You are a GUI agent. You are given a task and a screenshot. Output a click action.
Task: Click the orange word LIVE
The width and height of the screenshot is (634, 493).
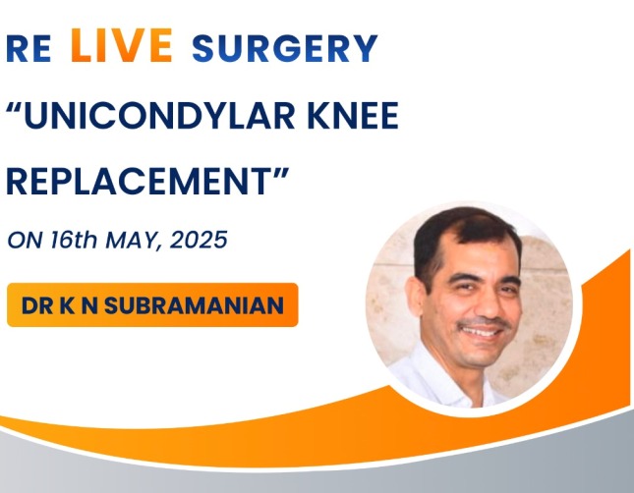click(x=122, y=45)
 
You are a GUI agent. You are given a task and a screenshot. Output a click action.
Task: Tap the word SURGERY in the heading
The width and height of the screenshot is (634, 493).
click(x=285, y=48)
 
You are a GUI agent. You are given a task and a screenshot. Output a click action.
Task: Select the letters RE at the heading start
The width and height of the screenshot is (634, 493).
click(x=29, y=48)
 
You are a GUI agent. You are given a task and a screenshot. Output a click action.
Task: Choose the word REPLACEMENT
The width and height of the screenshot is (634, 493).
click(x=139, y=182)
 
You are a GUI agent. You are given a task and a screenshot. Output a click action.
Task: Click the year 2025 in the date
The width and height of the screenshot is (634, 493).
click(x=199, y=240)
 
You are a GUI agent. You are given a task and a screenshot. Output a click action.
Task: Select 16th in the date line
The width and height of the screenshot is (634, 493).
click(x=74, y=240)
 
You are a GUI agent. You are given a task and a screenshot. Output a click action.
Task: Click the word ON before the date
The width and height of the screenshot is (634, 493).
click(x=26, y=240)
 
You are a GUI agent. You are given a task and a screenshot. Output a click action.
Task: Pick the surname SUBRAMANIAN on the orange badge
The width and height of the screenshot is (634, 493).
click(x=194, y=305)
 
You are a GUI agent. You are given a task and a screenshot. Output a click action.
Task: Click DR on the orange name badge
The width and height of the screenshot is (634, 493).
click(x=37, y=305)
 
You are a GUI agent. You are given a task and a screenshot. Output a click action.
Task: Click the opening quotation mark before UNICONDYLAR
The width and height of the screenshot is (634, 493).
click(x=14, y=107)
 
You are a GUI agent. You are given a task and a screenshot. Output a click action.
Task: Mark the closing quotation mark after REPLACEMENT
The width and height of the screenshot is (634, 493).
click(x=280, y=174)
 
